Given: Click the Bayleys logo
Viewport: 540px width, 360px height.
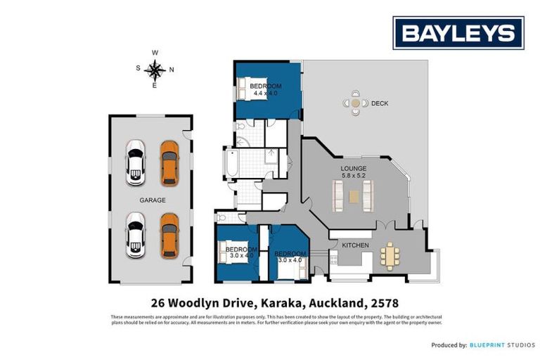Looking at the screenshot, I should point(458,32).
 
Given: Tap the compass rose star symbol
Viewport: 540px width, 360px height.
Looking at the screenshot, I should point(155,69).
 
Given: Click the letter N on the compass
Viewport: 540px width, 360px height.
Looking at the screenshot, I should point(172,69).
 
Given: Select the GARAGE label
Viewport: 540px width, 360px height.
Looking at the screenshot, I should point(153,200).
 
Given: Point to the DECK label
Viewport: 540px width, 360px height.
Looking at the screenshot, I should point(380,104).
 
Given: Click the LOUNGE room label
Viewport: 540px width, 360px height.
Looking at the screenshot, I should point(352,169).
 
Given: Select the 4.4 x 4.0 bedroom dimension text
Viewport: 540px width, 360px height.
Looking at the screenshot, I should point(266,93).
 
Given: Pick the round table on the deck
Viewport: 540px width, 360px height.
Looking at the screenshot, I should point(356,104).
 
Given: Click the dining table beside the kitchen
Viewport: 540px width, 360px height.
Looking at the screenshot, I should point(389,256).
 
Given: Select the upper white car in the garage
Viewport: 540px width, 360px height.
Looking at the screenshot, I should point(135,162).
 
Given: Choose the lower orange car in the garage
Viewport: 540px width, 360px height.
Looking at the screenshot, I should point(169,236).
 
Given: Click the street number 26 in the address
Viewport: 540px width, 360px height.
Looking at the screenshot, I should point(160,304).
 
